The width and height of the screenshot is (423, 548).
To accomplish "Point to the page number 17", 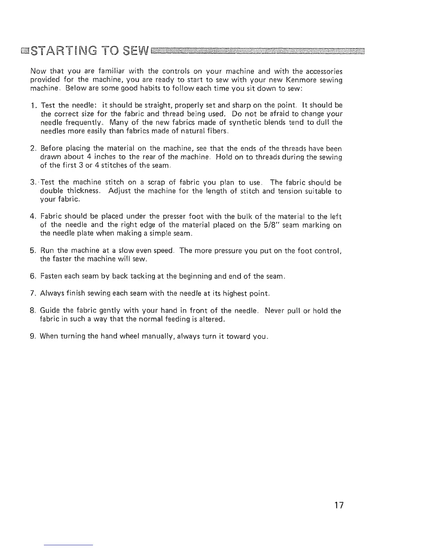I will coord(339,505).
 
